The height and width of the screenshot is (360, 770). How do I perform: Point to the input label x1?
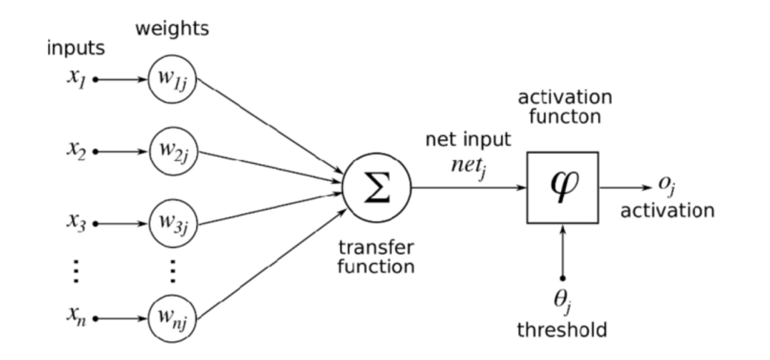pos(77,77)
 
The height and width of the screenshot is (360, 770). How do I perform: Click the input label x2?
pos(77,150)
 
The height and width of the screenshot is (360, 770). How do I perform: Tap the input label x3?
pos(77,222)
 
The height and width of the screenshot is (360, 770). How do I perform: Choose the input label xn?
pos(77,316)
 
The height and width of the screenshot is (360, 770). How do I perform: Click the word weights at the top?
pos(172,29)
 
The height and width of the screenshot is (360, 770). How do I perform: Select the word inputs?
pos(76,49)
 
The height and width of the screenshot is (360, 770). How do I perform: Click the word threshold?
pos(562,329)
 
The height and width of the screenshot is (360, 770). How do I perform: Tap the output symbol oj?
pos(666,185)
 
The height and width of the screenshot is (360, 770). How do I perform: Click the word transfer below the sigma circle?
pos(376,248)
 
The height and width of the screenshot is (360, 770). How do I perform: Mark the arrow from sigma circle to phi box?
pos(469,188)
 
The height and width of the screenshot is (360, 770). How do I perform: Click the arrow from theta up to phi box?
pos(562,252)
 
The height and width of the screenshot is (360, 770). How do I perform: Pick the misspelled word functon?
pos(565,117)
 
